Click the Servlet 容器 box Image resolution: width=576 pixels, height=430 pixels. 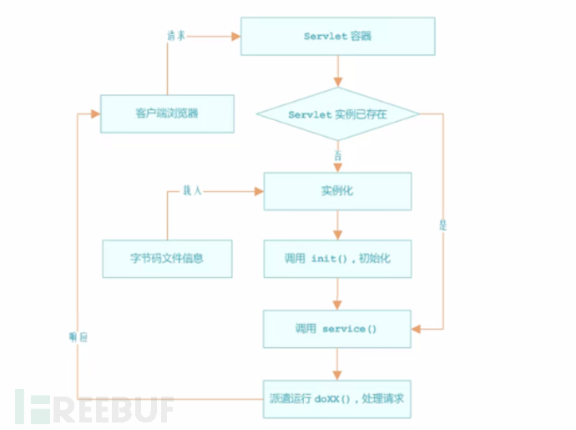pos(337,37)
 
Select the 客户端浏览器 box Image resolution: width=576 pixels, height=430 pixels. pos(166,114)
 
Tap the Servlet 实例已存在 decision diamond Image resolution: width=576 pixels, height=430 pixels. pos(337,114)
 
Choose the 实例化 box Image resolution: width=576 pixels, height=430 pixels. pos(337,190)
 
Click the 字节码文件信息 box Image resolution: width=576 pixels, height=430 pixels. pos(166,259)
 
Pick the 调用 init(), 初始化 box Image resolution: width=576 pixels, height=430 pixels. pos(337,259)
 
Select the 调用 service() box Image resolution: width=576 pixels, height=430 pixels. pos(337,329)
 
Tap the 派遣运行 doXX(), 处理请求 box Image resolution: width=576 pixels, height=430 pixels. pos(337,398)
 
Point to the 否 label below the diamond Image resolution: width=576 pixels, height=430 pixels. pos(337,154)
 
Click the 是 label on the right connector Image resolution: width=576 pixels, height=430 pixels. pos(443,225)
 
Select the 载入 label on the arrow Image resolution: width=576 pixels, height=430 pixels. pos(192,191)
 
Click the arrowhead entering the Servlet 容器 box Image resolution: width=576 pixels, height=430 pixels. pos(235,37)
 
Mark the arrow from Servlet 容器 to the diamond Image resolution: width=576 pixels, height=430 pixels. pos(337,72)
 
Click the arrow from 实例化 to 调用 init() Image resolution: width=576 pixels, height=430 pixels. pos(337,225)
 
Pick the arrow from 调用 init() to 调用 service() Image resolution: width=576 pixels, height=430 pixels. pos(337,294)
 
